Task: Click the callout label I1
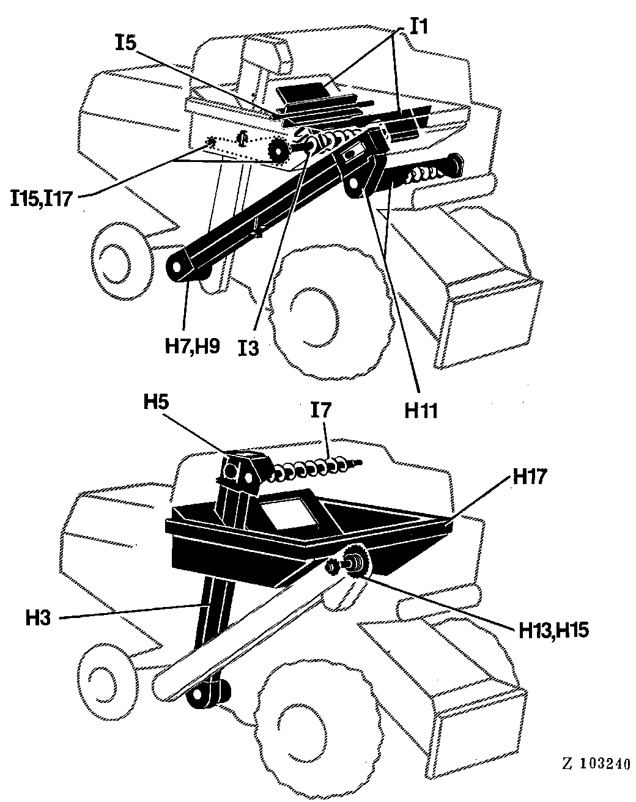(x=419, y=26)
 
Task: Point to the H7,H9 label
(x=193, y=346)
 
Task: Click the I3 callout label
(x=249, y=348)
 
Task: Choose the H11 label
(x=421, y=411)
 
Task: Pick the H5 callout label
(x=156, y=402)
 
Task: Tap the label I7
(x=320, y=410)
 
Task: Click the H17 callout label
(x=530, y=476)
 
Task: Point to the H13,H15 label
(x=553, y=630)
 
